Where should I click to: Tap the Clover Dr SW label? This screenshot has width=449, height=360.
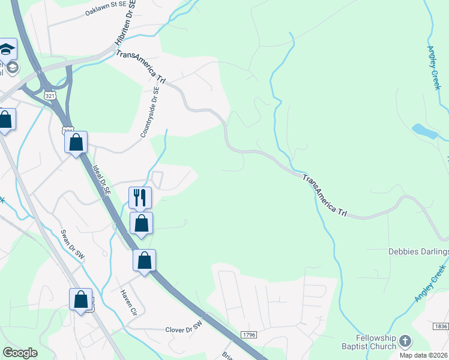click(185, 329)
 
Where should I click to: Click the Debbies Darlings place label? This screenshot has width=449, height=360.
click(418, 251)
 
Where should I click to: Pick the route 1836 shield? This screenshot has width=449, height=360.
click(440, 326)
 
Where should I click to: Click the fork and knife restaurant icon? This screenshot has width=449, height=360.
click(140, 196)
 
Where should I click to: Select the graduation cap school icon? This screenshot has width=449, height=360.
click(7, 48)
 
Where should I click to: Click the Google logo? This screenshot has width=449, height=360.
click(20, 353)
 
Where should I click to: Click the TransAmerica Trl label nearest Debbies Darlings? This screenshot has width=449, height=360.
click(325, 196)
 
